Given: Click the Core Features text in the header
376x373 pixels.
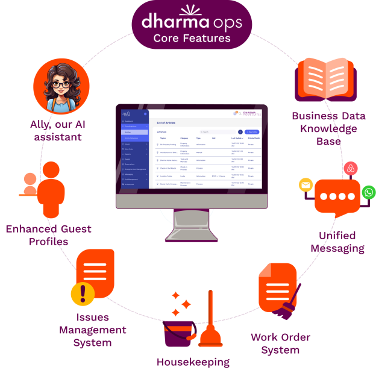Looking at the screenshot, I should pyautogui.click(x=192, y=39).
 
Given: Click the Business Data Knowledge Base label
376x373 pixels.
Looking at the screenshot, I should pyautogui.click(x=324, y=128).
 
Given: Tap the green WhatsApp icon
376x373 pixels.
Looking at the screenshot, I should pyautogui.click(x=369, y=193).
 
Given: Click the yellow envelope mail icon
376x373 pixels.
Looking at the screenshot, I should pyautogui.click(x=306, y=186).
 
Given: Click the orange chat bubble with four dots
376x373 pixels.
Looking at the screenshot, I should pyautogui.click(x=337, y=197).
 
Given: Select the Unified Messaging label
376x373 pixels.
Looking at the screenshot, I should pyautogui.click(x=337, y=242).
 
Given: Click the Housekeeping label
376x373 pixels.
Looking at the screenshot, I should pyautogui.click(x=193, y=362).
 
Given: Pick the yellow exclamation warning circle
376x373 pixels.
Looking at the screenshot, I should pyautogui.click(x=83, y=294).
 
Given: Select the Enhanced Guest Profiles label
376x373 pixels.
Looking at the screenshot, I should pyautogui.click(x=48, y=235).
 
